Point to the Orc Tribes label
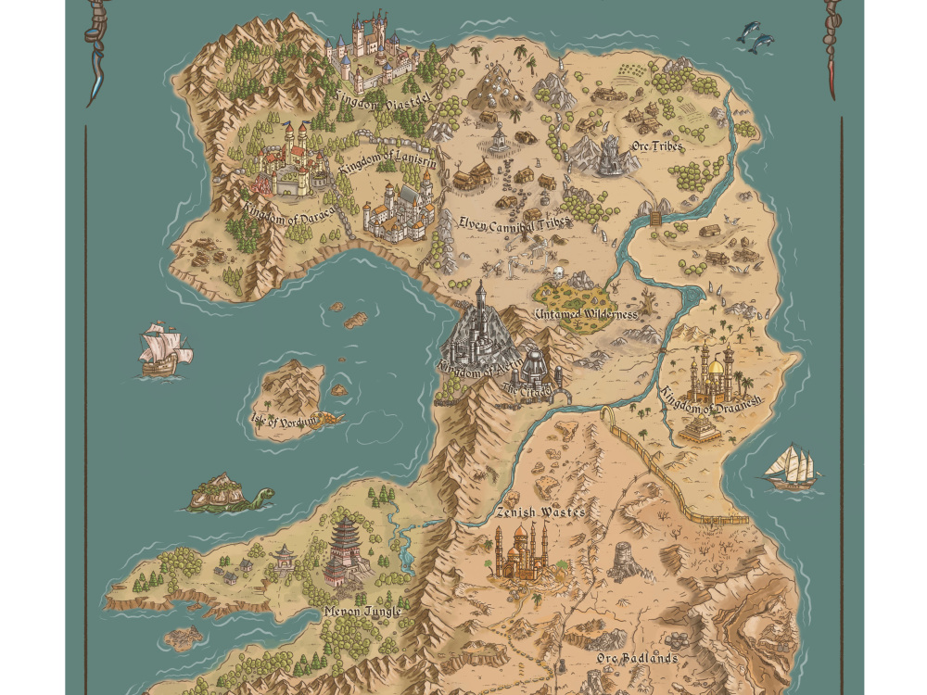(653, 146)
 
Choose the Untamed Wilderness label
(586, 314)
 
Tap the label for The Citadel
(527, 389)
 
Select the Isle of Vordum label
(284, 420)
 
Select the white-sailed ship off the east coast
(791, 468)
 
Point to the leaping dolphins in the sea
(756, 36)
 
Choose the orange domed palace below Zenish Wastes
(521, 554)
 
